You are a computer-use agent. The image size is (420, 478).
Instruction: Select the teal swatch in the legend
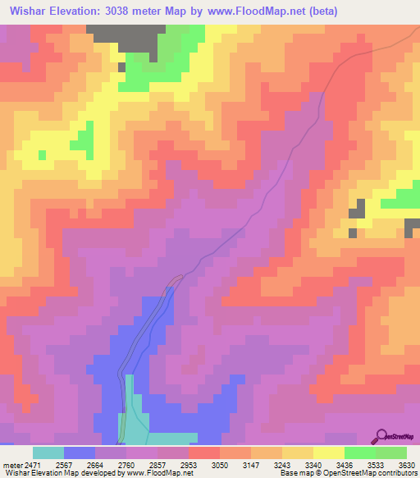pyautogui.click(x=48, y=453)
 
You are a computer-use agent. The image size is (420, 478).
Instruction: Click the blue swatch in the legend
pyautogui.click(x=80, y=453)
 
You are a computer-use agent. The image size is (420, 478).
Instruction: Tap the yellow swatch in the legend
pyautogui.click(x=328, y=453)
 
